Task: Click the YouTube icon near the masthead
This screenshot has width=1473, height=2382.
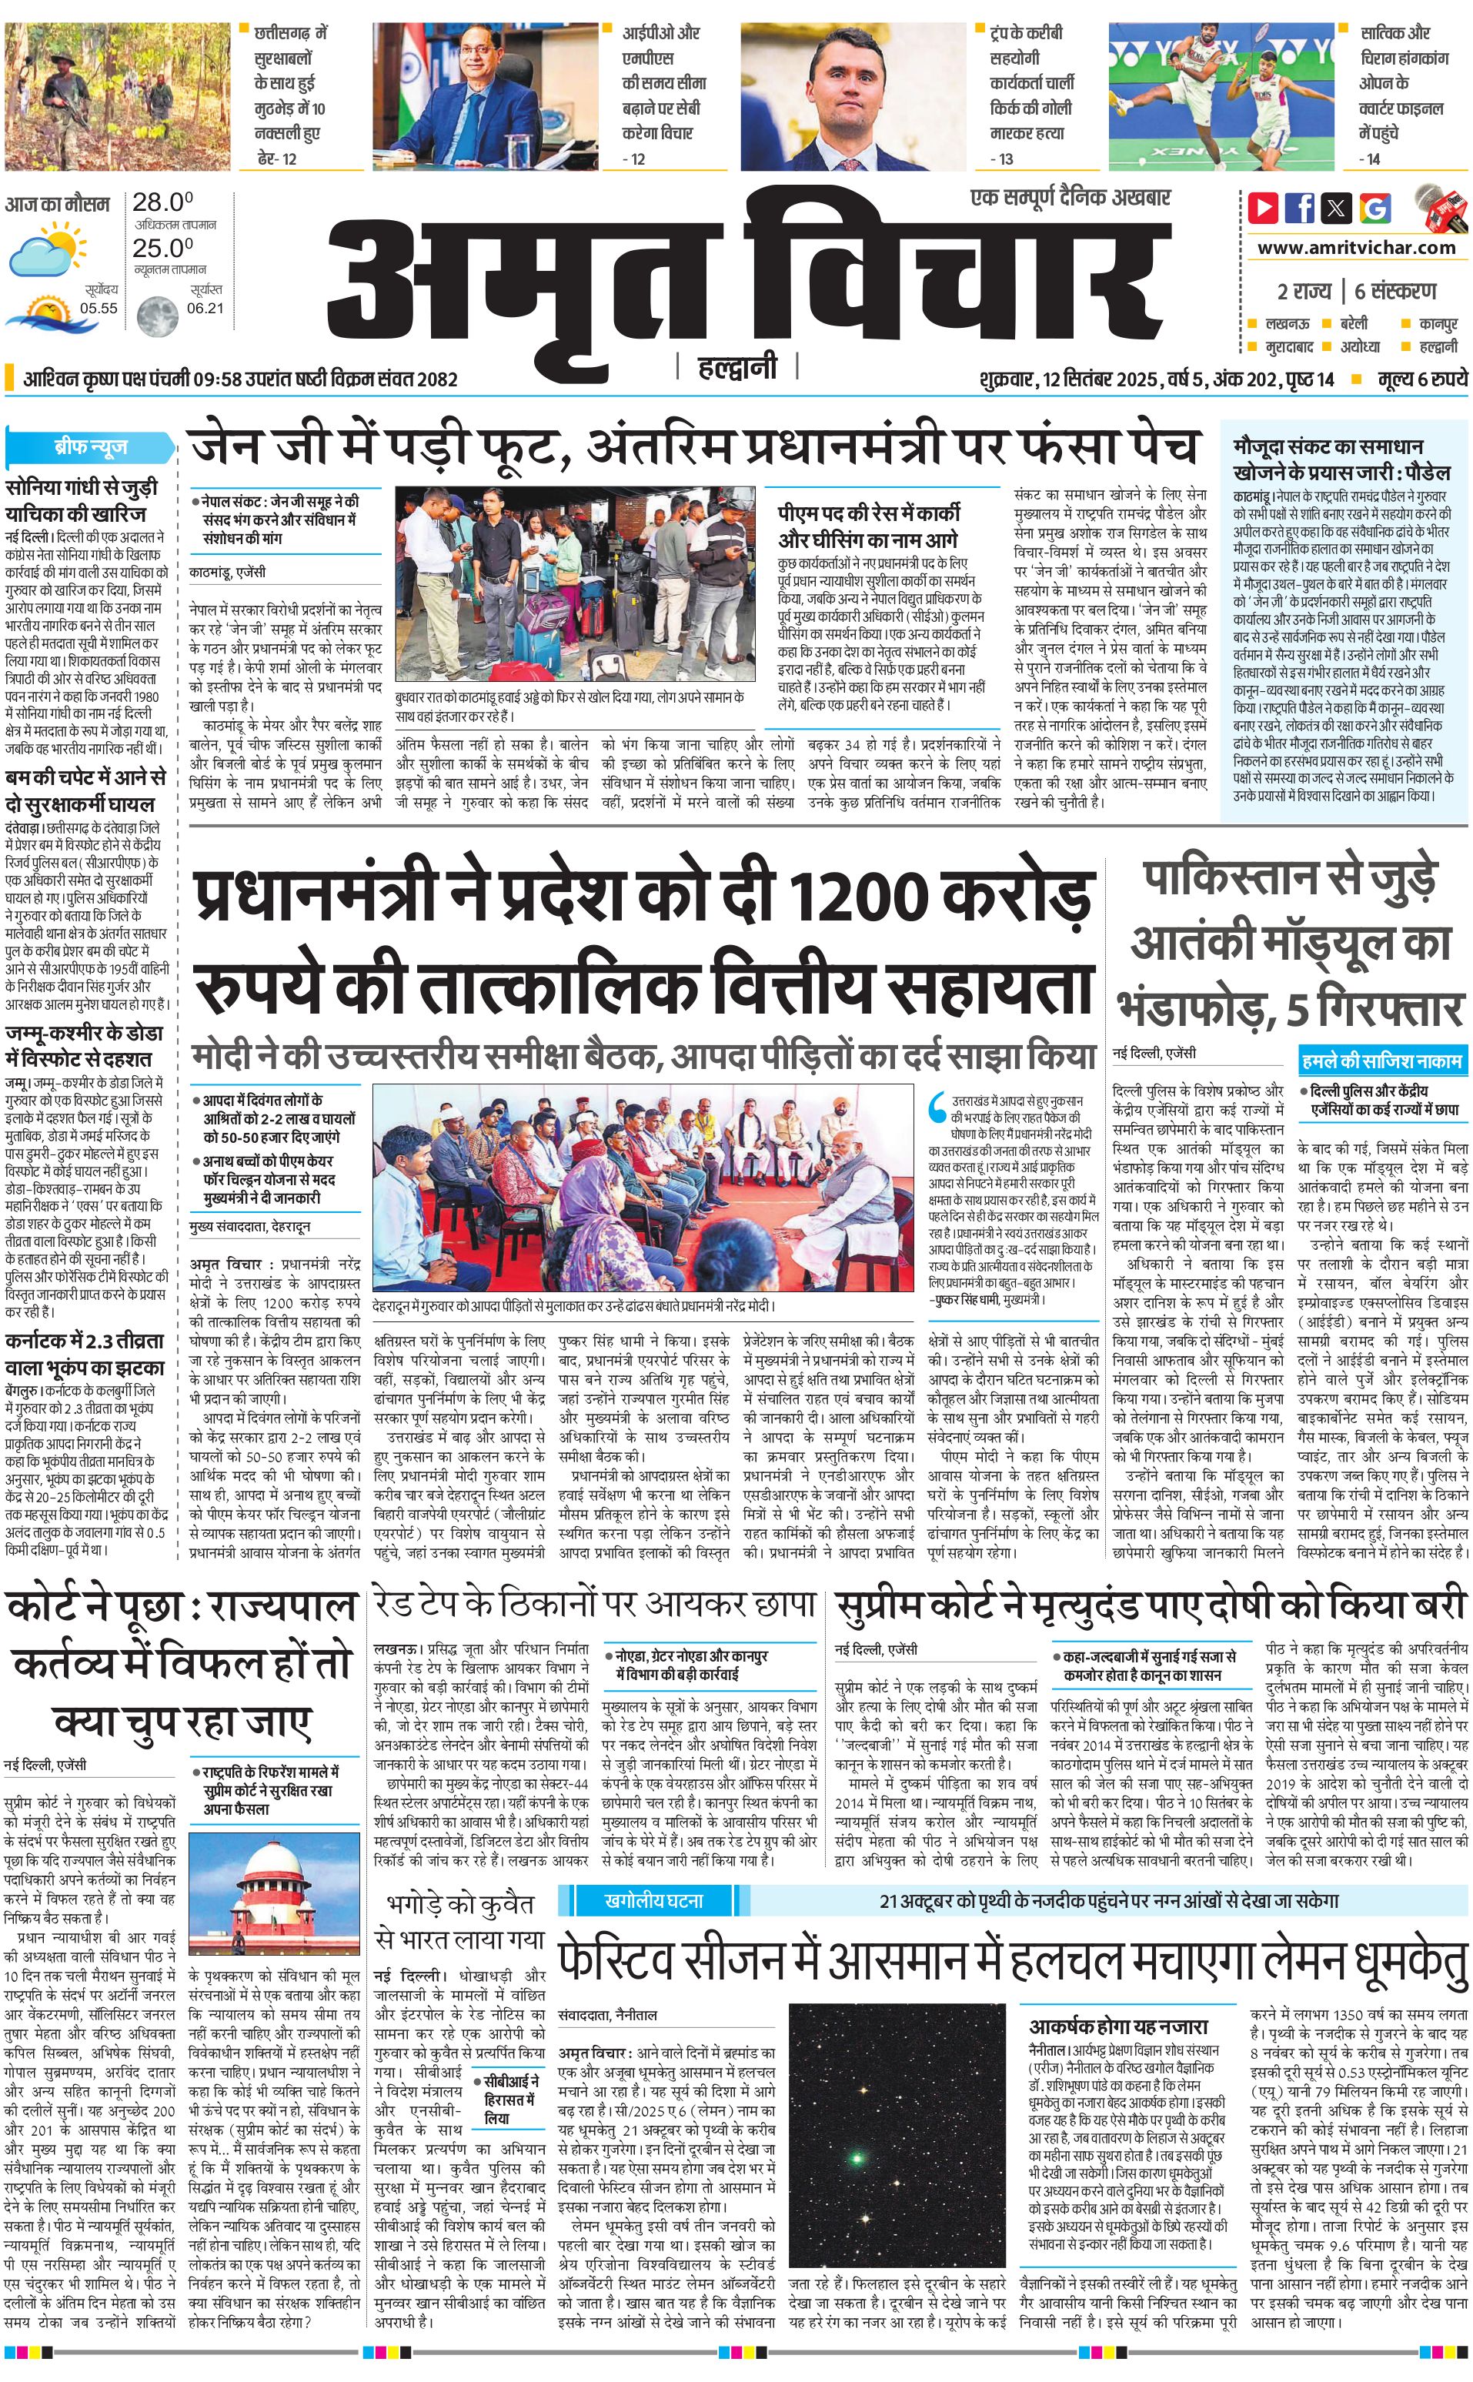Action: (x=1264, y=208)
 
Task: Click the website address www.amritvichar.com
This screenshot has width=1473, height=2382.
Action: (x=1356, y=248)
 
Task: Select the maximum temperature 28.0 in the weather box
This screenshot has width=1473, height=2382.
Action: (x=162, y=202)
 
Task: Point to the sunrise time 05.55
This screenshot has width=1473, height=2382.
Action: (x=99, y=308)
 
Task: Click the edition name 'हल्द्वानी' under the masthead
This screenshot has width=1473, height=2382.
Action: (x=737, y=367)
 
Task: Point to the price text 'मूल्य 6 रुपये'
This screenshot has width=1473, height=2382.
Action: (x=1421, y=379)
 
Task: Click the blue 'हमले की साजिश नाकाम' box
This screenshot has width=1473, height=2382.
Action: (x=1381, y=1060)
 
